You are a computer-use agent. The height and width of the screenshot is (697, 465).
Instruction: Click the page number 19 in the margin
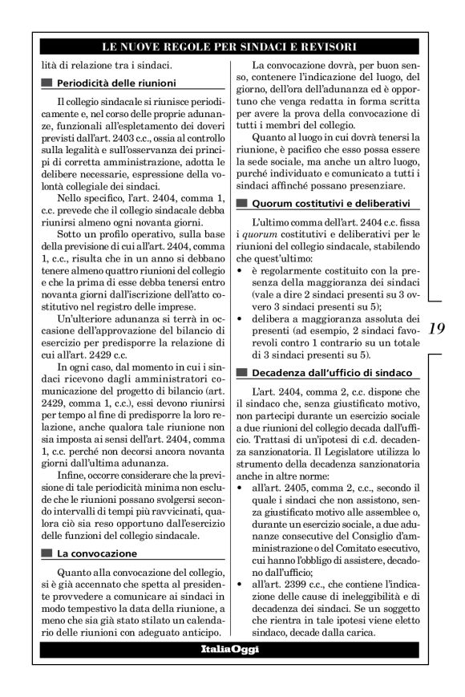point(437,328)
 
